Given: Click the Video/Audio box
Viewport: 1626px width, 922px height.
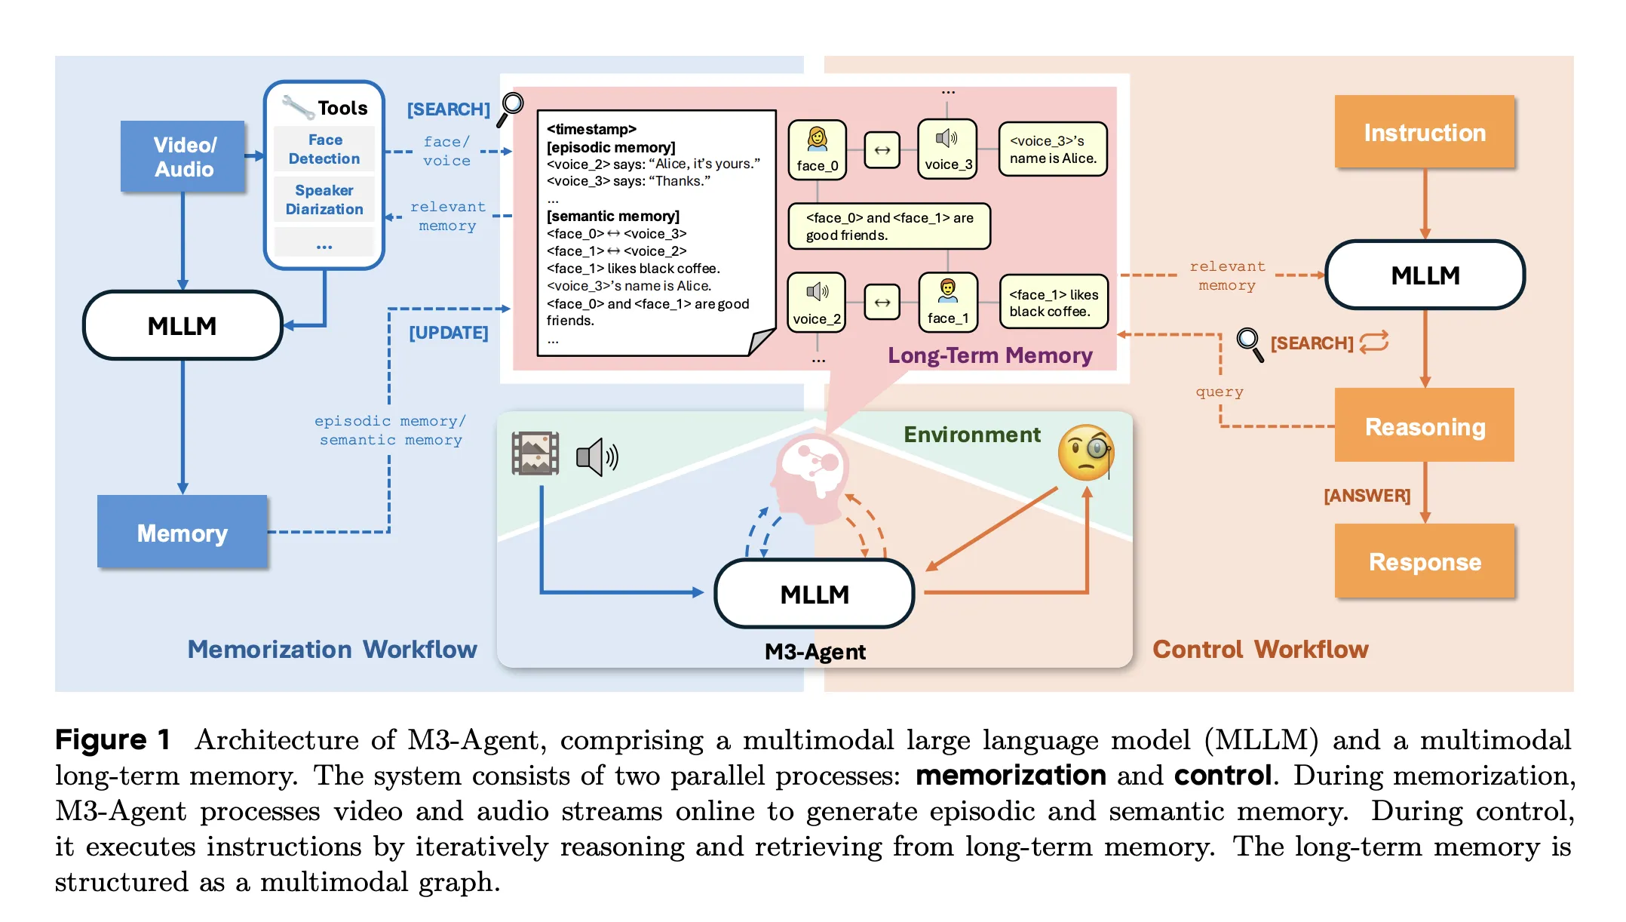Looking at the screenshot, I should coord(183,156).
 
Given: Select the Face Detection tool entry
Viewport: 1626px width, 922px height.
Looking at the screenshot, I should coord(324,149).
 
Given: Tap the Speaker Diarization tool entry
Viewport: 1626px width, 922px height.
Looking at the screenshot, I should coord(324,200).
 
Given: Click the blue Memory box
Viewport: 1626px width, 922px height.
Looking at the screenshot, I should coord(183,532).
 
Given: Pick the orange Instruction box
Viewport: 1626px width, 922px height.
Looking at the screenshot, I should coord(1424,133).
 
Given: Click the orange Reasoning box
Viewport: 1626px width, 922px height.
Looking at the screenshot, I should coord(1424,426).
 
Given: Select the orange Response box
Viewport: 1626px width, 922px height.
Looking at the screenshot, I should coord(1424,561).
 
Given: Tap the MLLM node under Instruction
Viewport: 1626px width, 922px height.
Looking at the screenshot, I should coord(1425,275).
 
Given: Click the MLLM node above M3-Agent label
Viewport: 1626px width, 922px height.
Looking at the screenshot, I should coord(815,595).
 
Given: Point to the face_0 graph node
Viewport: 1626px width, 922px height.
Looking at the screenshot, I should coord(818,150).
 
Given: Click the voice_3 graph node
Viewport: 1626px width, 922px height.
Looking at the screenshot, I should coord(947,149).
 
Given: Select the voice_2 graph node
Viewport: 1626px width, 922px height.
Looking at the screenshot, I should coord(817,303).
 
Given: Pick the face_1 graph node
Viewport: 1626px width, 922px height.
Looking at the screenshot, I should coord(948,303).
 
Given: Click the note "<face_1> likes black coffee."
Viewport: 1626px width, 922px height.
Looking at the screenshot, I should coord(1054,303).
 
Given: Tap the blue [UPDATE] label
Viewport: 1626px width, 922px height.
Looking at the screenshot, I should coord(449,333).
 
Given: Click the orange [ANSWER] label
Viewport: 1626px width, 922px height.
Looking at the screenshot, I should coord(1367,496).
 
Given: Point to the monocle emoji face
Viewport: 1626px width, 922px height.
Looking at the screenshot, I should coord(1086,453).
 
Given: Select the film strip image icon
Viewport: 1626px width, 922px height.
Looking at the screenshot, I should coord(535,453).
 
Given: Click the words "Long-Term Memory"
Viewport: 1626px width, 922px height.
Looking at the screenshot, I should coord(989,355).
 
